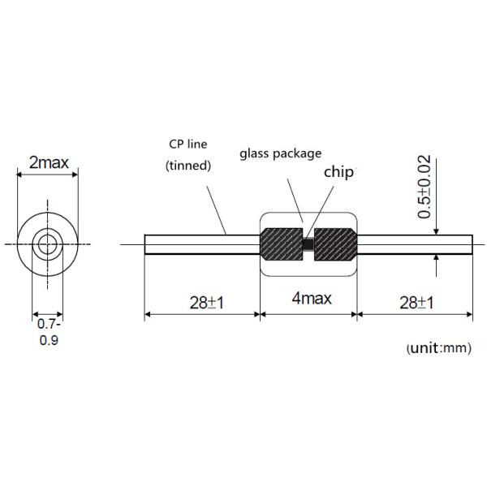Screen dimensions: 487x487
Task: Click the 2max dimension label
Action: pos(49,162)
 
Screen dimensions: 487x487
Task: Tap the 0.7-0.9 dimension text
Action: pos(49,333)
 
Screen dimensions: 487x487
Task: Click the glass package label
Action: pos(281,152)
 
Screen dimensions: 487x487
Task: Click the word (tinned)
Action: pos(188,166)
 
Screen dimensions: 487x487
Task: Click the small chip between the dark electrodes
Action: pos(308,243)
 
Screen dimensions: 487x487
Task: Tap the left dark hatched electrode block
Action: pos(281,243)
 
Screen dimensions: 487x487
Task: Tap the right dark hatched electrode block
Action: pos(334,243)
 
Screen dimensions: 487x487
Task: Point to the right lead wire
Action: pos(415,243)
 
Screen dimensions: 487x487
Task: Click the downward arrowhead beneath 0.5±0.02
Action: pos(437,231)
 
